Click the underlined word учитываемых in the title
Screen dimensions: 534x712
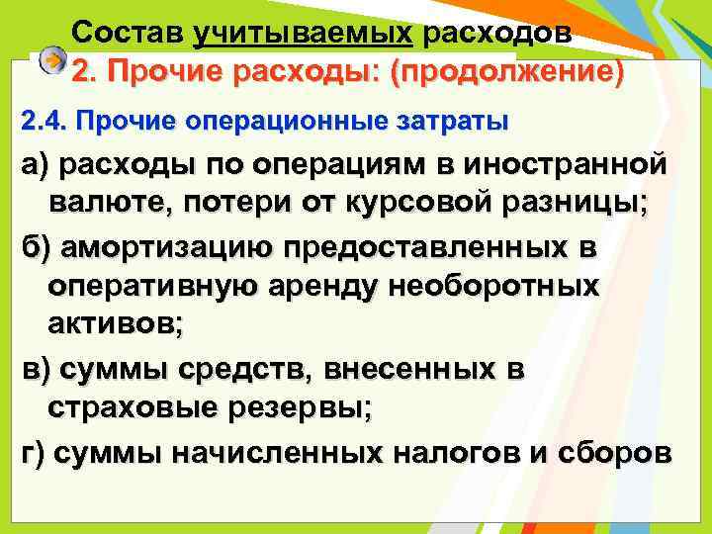[304, 31]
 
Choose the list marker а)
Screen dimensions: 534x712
[38, 165]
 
